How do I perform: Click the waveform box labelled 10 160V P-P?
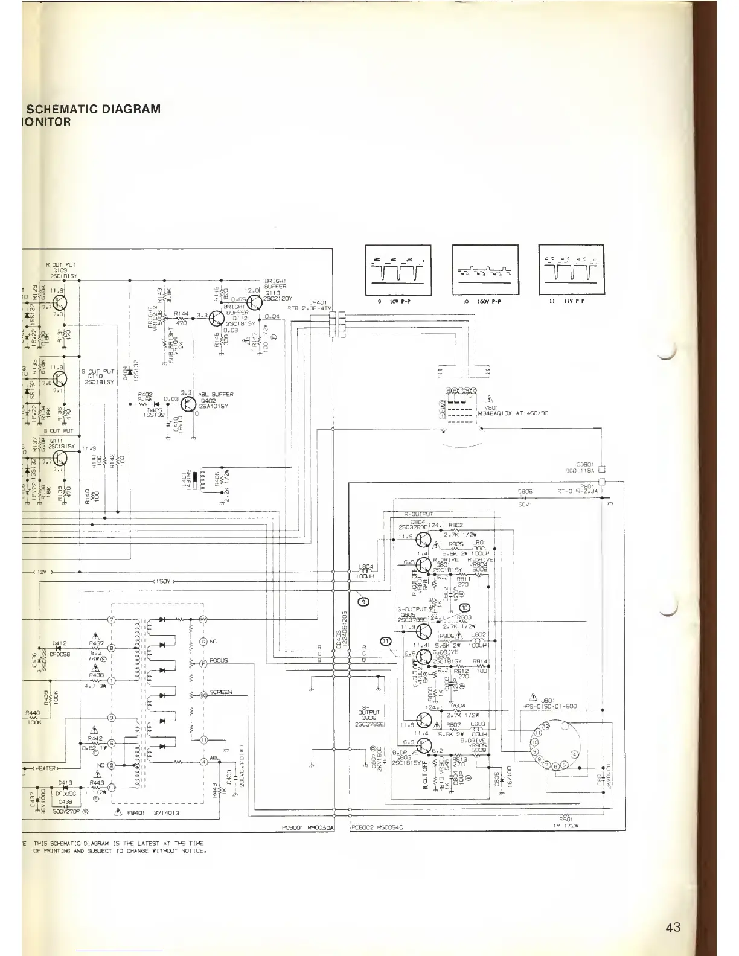(x=485, y=269)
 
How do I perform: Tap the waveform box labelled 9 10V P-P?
(x=398, y=269)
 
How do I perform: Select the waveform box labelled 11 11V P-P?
(x=571, y=269)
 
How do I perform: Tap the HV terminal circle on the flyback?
(x=203, y=619)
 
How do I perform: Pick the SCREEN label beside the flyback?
(x=221, y=692)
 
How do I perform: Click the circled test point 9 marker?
(x=363, y=600)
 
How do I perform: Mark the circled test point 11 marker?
(x=386, y=640)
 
